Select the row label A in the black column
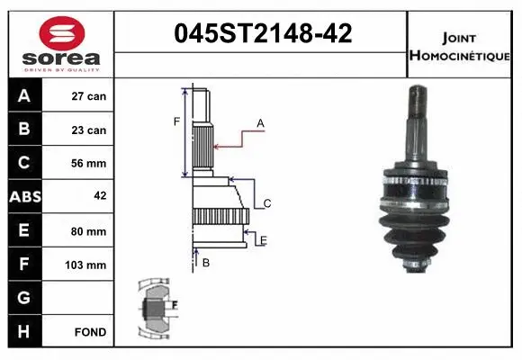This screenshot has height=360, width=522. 23,96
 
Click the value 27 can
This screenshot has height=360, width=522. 89,96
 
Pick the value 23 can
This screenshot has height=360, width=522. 89,130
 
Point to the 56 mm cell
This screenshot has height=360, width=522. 89,164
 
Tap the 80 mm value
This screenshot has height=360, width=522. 89,231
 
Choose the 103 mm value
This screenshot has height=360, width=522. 89,265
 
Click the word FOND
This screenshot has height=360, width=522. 91,332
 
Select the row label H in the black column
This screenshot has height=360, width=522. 23,332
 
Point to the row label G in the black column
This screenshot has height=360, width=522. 23,298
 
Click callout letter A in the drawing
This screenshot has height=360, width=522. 260,122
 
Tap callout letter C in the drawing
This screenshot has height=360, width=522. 267,204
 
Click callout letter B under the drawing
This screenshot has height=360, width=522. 206,263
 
